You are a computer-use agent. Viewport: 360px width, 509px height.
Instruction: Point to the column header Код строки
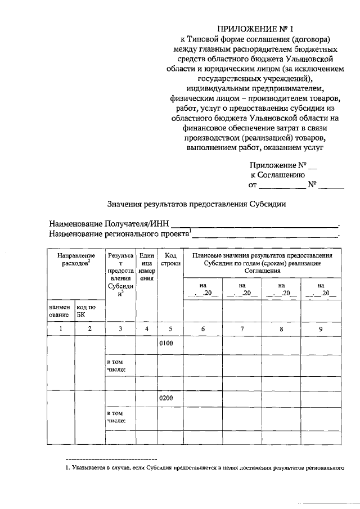point(170,259)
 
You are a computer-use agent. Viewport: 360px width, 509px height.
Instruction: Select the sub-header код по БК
point(86,311)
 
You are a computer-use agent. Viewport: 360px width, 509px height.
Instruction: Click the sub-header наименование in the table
point(61,311)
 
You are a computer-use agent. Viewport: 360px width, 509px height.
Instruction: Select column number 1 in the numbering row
point(61,329)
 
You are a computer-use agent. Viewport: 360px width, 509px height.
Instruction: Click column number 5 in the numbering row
point(170,329)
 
